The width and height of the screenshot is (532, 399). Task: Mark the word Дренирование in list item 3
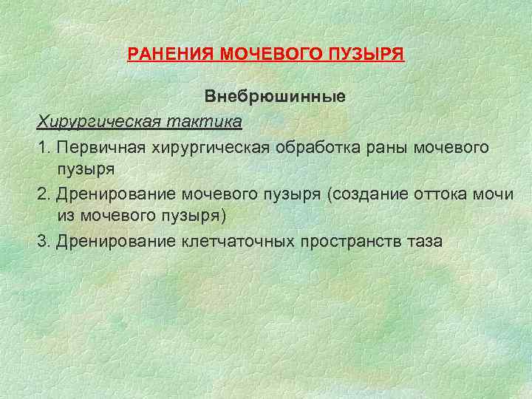pos(112,241)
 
